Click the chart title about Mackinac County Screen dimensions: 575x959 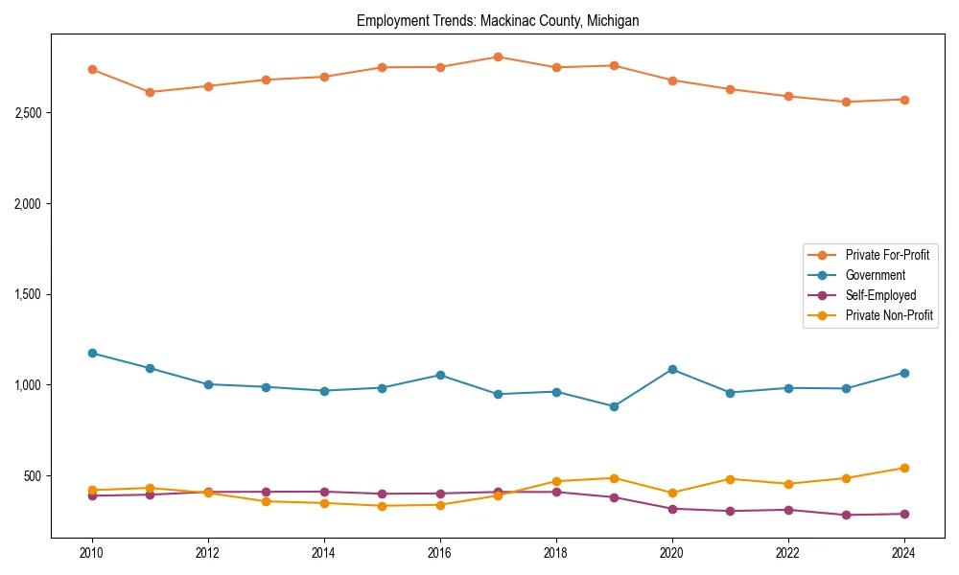(497, 20)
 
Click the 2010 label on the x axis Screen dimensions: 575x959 (92, 553)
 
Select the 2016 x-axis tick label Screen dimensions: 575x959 (440, 553)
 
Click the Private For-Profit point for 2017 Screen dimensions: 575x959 (498, 57)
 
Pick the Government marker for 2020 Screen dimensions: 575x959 (672, 369)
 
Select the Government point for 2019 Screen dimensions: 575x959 (614, 406)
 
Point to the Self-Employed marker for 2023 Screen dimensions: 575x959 (846, 515)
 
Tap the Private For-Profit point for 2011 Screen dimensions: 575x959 (150, 92)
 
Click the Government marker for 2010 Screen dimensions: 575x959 (92, 353)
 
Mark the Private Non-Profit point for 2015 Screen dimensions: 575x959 (382, 506)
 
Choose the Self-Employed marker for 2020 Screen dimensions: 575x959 (672, 509)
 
